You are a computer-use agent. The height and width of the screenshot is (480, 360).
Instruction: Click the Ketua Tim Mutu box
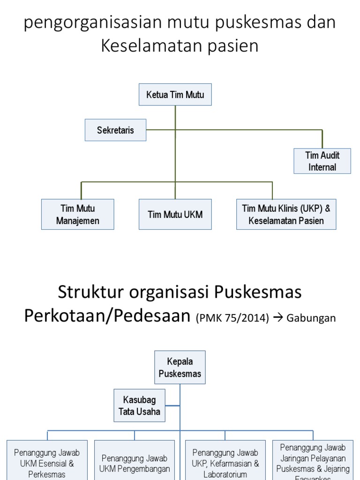pyautogui.click(x=175, y=95)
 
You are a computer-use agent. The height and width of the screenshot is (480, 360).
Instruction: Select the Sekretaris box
pyautogui.click(x=115, y=130)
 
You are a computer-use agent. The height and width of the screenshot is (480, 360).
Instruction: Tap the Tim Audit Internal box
pyautogui.click(x=322, y=161)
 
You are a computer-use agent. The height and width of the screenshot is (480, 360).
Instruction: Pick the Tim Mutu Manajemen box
pyautogui.click(x=78, y=214)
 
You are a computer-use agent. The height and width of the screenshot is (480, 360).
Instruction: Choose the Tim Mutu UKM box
pyautogui.click(x=175, y=214)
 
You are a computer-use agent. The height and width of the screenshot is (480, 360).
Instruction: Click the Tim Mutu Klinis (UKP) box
pyautogui.click(x=286, y=214)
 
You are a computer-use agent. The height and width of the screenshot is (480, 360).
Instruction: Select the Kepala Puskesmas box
pyautogui.click(x=180, y=367)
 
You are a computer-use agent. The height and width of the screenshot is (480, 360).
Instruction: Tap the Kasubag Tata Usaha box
pyautogui.click(x=140, y=405)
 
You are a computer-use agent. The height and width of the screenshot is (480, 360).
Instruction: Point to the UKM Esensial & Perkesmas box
pyautogui.click(x=47, y=462)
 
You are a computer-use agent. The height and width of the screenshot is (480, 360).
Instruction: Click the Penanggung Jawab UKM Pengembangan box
pyautogui.click(x=135, y=463)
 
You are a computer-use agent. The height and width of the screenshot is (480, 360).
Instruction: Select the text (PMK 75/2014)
pyautogui.click(x=232, y=318)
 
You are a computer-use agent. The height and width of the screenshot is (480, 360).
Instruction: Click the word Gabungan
pyautogui.click(x=311, y=318)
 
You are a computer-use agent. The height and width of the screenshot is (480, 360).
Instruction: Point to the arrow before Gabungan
pyautogui.click(x=277, y=318)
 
